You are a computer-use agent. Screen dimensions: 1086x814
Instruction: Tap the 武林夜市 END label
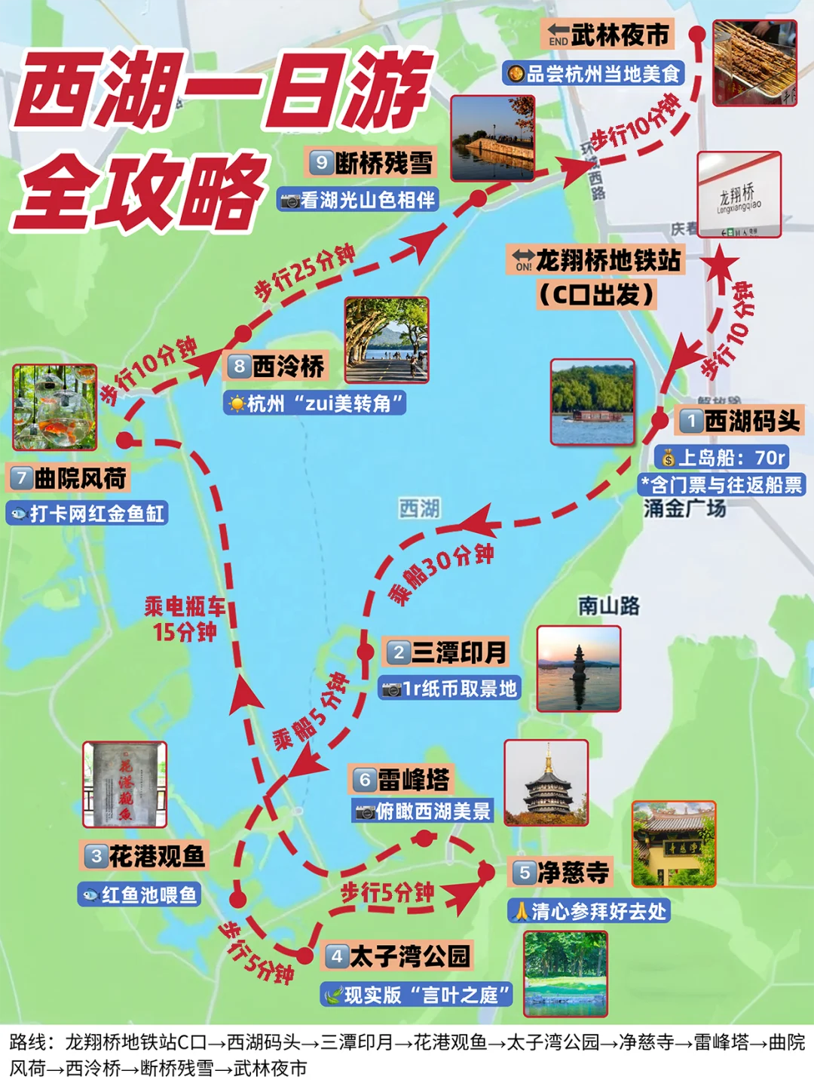tap(607, 35)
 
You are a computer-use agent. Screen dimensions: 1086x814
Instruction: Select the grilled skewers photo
tap(754, 63)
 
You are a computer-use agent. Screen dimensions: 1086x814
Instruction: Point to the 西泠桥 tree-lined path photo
tap(387, 339)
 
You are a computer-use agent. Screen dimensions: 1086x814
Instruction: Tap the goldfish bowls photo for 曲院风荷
tap(54, 407)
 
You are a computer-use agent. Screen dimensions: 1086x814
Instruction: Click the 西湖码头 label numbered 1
tap(740, 421)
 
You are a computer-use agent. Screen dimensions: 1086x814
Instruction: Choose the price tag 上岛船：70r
tap(723, 458)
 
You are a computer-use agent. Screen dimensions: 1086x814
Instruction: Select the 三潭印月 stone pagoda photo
tap(578, 668)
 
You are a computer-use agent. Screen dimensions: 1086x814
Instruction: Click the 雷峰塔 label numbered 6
tap(402, 780)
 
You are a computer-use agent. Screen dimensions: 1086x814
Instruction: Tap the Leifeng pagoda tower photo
tap(546, 782)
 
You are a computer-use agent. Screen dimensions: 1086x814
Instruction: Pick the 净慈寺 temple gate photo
tap(673, 843)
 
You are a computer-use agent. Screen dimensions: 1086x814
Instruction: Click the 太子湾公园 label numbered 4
tap(398, 956)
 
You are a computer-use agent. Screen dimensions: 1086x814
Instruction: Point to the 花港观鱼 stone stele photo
tap(124, 784)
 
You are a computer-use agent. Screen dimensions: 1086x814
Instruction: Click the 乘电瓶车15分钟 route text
tap(185, 618)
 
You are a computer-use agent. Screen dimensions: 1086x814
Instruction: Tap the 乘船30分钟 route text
tap(441, 572)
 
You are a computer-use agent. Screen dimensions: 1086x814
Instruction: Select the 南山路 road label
tap(608, 606)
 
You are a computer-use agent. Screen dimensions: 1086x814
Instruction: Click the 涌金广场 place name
tap(684, 509)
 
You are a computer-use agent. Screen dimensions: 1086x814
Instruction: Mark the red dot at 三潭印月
tap(366, 652)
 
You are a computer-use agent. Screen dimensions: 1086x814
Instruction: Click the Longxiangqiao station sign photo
tap(739, 195)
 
